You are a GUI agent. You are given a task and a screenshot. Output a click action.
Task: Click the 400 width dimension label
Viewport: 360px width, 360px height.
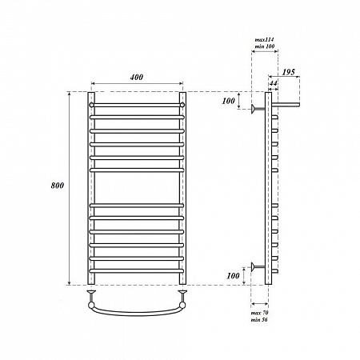pos(137,77)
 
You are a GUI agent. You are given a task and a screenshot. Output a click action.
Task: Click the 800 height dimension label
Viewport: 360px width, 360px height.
pos(58,186)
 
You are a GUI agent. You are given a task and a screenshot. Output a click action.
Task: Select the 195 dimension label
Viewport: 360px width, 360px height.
pos(289,72)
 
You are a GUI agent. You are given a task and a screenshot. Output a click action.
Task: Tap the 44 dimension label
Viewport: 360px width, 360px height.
pos(273,83)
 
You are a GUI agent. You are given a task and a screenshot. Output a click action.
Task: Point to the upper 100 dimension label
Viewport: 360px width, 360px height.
pos(228,101)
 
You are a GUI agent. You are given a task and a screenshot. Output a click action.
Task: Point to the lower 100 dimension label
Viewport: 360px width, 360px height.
pos(233,276)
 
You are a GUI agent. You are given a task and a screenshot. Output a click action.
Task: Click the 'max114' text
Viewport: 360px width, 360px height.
pos(264,40)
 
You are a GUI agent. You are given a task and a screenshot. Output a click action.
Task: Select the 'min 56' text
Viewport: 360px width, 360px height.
pos(259,319)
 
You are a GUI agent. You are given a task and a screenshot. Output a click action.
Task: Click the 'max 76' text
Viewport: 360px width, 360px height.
pos(259,313)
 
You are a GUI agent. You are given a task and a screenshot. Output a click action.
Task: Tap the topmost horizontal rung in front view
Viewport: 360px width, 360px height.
pos(137,105)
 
